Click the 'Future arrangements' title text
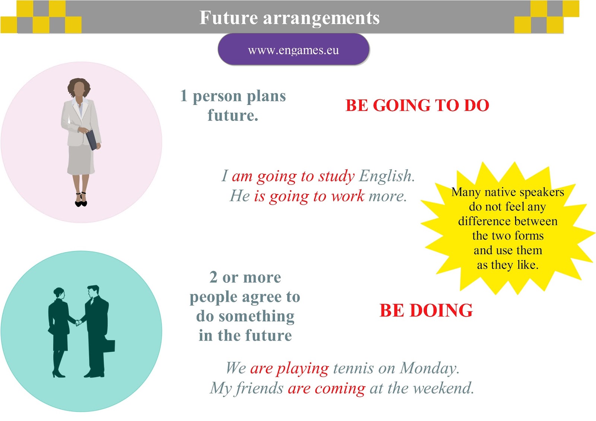coord(289,17)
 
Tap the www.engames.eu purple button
coord(294,50)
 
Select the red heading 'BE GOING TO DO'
coord(417,106)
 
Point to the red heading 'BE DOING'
coord(426,311)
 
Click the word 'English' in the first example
coord(386,176)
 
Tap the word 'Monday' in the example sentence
coord(429,368)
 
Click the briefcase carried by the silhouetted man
coord(109,346)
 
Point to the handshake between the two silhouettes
coord(78,322)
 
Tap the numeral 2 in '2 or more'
coord(213,277)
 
